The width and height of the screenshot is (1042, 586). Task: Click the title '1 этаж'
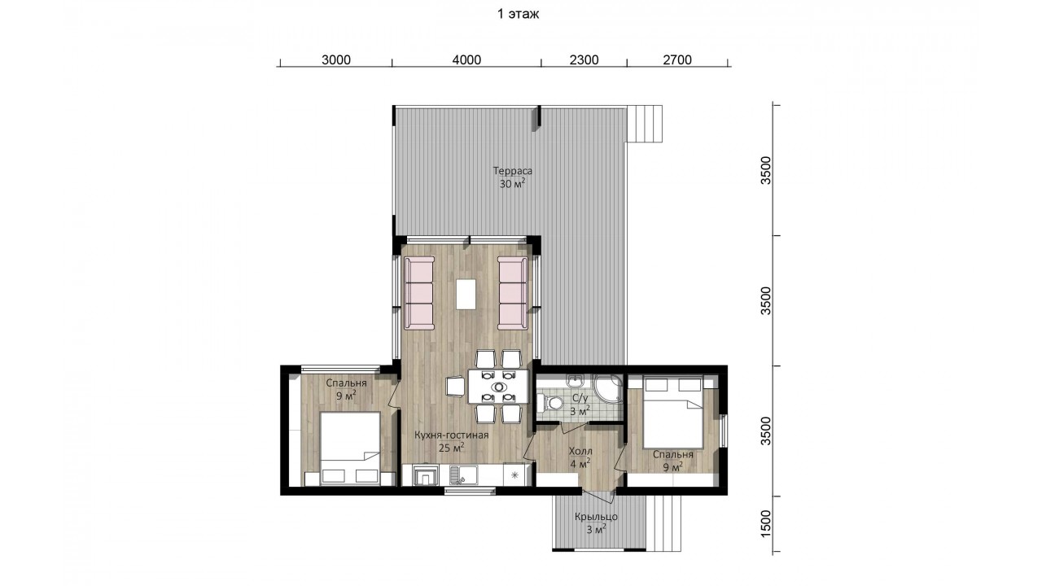point(518,14)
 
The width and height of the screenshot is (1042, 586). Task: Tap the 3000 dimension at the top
point(336,60)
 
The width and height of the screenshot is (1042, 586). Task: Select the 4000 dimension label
point(466,60)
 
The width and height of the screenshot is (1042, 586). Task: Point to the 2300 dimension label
point(584,60)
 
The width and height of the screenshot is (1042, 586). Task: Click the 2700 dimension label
point(677,60)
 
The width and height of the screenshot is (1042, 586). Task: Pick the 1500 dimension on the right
point(766,524)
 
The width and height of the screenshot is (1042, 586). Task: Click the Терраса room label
point(513,171)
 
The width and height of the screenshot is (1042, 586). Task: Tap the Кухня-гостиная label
point(451,435)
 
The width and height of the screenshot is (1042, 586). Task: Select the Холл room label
point(580,451)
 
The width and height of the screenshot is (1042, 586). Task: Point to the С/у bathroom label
point(580,398)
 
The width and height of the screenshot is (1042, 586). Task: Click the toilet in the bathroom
point(549,403)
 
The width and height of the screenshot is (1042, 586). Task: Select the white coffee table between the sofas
point(466,294)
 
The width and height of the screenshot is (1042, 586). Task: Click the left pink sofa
point(419,293)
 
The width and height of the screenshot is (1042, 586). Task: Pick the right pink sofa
point(513,293)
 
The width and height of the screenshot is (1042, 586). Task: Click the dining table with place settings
point(498,386)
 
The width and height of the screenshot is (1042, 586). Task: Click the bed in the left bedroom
point(350,448)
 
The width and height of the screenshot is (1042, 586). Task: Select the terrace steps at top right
point(645,124)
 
